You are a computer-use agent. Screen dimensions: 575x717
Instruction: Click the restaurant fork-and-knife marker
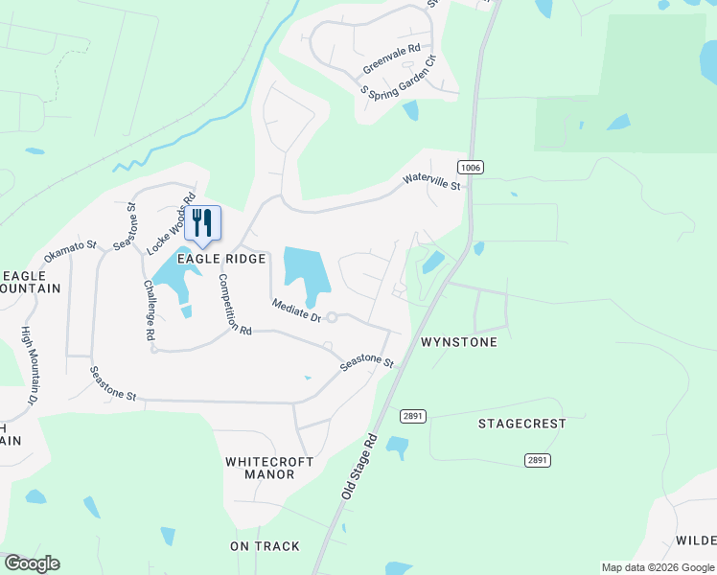pos(202,223)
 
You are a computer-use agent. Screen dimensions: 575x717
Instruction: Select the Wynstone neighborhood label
pos(459,342)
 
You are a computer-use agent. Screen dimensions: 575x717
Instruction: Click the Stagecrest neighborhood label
pos(524,424)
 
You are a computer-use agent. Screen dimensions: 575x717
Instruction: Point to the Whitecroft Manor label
pos(269,468)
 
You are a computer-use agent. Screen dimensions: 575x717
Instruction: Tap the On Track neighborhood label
pos(265,546)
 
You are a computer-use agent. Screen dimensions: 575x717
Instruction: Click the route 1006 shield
pos(470,167)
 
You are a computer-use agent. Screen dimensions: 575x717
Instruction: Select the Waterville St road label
pos(431,179)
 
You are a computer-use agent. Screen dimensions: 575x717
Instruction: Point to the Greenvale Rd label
pos(391,60)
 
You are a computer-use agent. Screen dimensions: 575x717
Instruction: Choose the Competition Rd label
pos(234,304)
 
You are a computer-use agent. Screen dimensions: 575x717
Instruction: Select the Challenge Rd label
pos(149,310)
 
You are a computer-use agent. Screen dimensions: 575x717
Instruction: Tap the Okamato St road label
pos(71,252)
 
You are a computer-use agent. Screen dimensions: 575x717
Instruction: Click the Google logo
pos(32,563)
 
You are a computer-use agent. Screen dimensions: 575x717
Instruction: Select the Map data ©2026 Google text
pos(658,567)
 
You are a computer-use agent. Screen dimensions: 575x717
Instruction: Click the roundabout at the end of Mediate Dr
pos(332,318)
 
